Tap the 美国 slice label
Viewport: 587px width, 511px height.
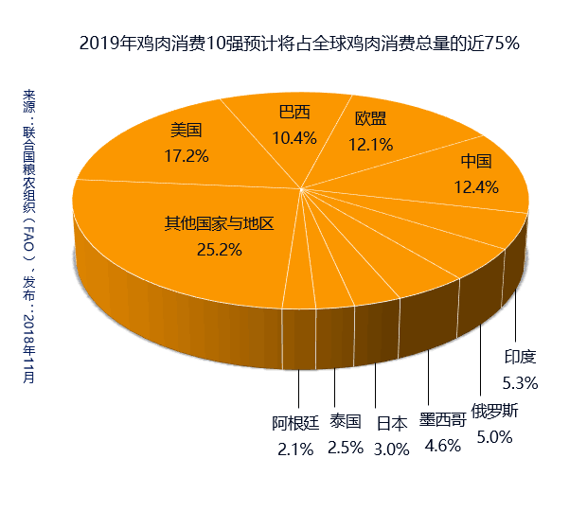pyautogui.click(x=187, y=131)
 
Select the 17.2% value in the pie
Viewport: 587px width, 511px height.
pyautogui.click(x=187, y=154)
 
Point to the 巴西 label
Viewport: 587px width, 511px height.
pyautogui.click(x=294, y=113)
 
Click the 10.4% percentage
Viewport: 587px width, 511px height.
pyautogui.click(x=294, y=137)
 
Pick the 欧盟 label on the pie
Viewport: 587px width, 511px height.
pyautogui.click(x=370, y=120)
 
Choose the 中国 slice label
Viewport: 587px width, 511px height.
pyautogui.click(x=476, y=162)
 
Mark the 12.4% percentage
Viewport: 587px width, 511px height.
pyautogui.click(x=476, y=186)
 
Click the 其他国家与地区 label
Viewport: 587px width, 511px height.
pyautogui.click(x=219, y=224)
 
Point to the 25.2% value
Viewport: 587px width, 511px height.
pyautogui.click(x=219, y=250)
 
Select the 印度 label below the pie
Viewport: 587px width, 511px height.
pyautogui.click(x=521, y=357)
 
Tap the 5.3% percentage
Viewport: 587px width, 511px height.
pyautogui.click(x=521, y=382)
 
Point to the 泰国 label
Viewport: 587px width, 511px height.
pyautogui.click(x=346, y=422)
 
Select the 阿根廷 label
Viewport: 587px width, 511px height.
pyautogui.click(x=295, y=423)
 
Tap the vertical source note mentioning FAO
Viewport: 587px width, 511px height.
pyautogui.click(x=29, y=237)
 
